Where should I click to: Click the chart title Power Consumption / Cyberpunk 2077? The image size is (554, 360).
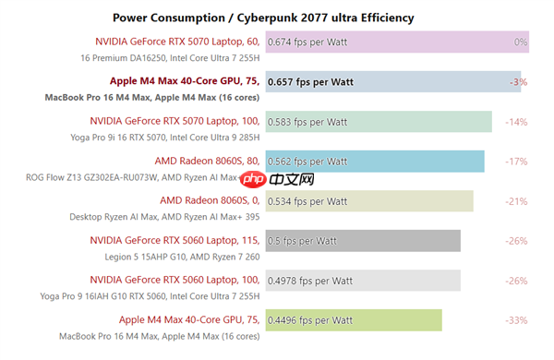[263, 18]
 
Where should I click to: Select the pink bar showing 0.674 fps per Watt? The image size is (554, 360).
[397, 42]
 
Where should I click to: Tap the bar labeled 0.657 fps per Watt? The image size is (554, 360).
[392, 82]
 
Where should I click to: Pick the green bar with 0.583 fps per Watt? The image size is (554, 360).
[379, 122]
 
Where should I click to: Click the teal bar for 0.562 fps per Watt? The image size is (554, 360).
[374, 162]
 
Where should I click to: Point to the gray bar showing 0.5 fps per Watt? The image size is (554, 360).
[363, 241]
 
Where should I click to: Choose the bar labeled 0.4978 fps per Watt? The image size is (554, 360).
[362, 281]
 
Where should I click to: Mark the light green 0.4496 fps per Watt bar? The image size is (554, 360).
[354, 320]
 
